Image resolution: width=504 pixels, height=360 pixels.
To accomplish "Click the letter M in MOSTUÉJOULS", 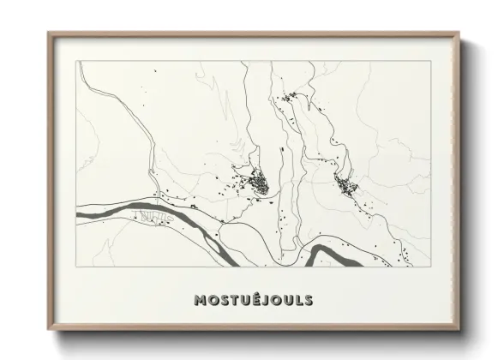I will coord(201,301).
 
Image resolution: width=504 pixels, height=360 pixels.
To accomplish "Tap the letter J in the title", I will coord(260,301).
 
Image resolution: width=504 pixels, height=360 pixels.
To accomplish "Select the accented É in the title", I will coord(249,300).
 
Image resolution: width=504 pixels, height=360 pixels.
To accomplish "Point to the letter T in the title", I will coord(227,301).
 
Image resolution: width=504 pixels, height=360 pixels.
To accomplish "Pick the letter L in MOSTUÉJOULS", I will coord(297,301).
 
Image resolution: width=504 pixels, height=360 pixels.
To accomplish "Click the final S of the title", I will coord(308,301).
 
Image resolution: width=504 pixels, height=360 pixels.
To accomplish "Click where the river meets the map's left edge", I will coord(79,213).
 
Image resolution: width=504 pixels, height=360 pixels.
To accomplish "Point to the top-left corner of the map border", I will coord(76,61).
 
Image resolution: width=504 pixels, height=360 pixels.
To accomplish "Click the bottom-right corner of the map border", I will coord(431,267).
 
